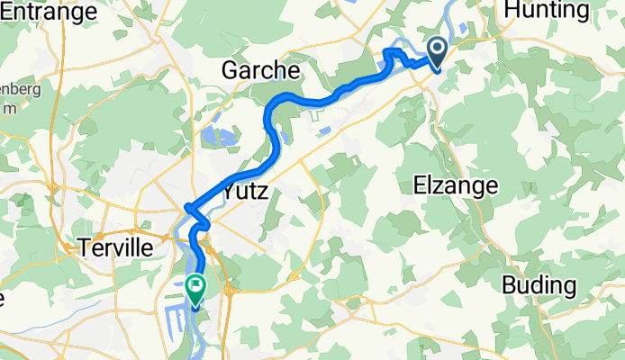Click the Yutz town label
pos(245,190)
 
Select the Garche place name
pos(262,70)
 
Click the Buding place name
pos(539,285)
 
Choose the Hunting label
pos(548,11)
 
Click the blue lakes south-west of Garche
pos(216,137)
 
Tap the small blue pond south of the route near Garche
pos(322,130)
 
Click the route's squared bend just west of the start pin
pos(393,55)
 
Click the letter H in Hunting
pos(514,11)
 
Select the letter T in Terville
pos(84,246)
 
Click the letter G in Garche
pos(231,70)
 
